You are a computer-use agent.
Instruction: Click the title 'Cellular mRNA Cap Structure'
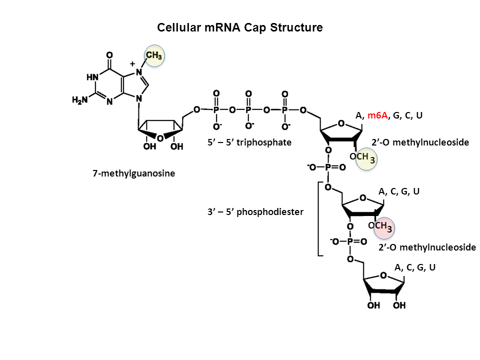[240, 27]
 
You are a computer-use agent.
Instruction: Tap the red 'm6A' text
[377, 115]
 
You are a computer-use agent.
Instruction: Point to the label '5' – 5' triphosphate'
[249, 142]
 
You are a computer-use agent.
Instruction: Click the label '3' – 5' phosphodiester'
[255, 212]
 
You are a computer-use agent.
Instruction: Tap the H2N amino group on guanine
[80, 100]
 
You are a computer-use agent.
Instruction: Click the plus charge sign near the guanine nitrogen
[132, 64]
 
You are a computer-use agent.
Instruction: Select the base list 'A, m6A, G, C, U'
[389, 115]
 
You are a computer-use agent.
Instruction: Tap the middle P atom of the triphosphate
[248, 109]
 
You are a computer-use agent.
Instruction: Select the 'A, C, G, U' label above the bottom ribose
[415, 267]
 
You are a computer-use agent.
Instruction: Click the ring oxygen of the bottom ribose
[383, 275]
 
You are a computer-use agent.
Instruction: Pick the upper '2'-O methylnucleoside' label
[420, 142]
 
